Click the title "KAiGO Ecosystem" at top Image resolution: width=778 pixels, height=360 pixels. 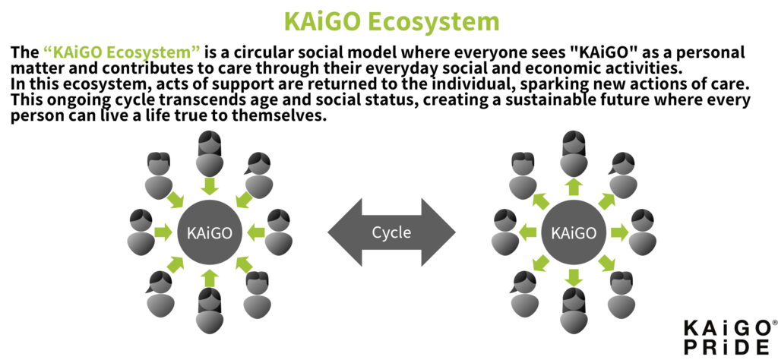pos(391,21)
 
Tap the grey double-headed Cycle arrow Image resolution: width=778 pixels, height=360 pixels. pos(391,232)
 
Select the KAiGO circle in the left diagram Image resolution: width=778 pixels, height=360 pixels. pos(210,232)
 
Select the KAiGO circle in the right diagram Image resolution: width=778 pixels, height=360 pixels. pos(574,232)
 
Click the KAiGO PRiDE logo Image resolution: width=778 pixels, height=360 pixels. pos(727,337)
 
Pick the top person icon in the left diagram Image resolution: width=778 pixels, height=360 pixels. pos(210,153)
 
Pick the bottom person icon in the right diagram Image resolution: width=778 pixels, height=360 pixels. pos(574,311)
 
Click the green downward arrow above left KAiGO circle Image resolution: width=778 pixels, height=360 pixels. pos(210,186)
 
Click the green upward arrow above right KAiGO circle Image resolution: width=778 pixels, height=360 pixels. pos(574,186)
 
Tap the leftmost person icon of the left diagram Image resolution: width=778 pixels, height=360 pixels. pos(141,232)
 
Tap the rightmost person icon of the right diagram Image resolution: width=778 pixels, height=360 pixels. pos(643,232)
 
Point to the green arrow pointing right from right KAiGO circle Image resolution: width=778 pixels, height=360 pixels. pos(619,232)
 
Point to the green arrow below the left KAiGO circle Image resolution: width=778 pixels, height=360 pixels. pos(210,278)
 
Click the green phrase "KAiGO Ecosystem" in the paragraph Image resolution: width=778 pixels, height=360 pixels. pos(122,52)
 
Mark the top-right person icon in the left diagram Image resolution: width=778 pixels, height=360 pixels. pos(258,175)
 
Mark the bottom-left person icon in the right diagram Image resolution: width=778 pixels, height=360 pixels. pos(524,295)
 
